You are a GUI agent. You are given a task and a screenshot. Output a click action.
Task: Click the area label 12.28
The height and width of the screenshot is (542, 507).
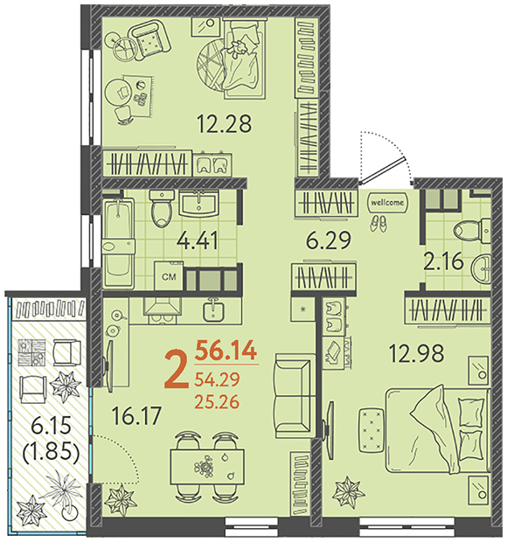pyautogui.click(x=224, y=123)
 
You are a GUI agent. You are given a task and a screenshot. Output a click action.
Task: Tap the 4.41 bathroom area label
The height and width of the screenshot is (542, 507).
pyautogui.click(x=197, y=240)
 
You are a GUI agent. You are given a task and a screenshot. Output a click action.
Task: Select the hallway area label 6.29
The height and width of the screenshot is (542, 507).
pyautogui.click(x=329, y=240)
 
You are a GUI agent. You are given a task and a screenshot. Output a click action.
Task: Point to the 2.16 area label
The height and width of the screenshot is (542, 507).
pyautogui.click(x=443, y=261)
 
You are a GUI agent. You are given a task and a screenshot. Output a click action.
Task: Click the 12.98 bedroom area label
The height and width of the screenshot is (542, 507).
pyautogui.click(x=416, y=354)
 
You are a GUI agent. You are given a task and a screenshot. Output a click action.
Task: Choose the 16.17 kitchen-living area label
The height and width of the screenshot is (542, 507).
pyautogui.click(x=137, y=415)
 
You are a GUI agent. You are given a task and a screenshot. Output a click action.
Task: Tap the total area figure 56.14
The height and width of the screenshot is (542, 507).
pyautogui.click(x=226, y=351)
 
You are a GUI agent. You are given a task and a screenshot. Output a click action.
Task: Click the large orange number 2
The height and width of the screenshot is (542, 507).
pyautogui.click(x=177, y=369)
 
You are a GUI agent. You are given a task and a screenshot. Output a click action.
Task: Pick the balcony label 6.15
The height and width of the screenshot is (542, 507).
pyautogui.click(x=51, y=425)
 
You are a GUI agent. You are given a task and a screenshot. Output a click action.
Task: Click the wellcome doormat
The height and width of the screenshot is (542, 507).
pyautogui.click(x=387, y=202)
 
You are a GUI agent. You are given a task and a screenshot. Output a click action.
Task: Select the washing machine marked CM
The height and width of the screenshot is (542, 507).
pyautogui.click(x=169, y=276)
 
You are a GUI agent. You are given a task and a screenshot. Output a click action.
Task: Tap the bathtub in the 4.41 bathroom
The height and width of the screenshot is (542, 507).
pyautogui.click(x=118, y=243)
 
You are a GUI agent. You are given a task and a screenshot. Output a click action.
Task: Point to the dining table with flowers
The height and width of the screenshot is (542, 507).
pyautogui.click(x=207, y=467)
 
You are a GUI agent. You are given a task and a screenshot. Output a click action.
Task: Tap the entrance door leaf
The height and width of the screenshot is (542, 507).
pyautogui.click(x=382, y=170)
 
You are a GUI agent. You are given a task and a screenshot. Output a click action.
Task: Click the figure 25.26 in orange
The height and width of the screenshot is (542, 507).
pyautogui.click(x=217, y=402)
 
